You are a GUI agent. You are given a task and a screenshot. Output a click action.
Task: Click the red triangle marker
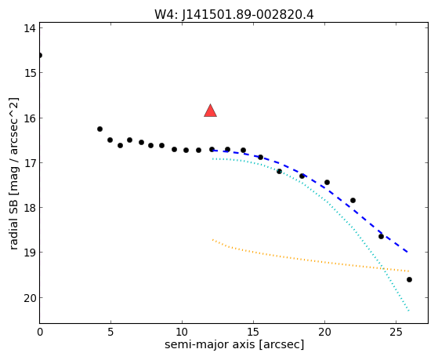point(210,111)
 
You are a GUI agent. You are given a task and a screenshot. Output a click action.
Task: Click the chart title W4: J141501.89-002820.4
point(234,14)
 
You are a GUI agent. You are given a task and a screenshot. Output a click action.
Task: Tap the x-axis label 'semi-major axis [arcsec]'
point(234,344)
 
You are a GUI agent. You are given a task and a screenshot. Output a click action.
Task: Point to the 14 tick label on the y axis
point(30,28)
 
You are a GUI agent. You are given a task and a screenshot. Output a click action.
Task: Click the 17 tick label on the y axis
point(30,163)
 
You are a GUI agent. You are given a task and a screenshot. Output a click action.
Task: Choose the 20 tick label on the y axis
point(30,298)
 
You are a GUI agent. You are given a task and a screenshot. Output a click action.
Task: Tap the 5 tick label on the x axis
point(111,332)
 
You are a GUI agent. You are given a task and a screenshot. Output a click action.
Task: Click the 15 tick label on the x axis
point(253,332)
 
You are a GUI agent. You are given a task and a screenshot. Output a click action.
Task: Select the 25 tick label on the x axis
point(396,332)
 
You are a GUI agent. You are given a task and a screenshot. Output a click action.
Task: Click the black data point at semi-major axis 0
point(40,56)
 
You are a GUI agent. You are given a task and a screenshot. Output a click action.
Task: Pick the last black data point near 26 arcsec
point(409,279)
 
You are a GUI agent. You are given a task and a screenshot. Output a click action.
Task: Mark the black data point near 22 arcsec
point(353,200)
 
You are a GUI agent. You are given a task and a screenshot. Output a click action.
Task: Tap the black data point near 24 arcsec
point(381,236)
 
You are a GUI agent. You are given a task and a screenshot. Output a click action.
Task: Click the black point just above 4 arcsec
point(100,129)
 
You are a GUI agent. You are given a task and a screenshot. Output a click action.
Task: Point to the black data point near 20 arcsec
point(327,183)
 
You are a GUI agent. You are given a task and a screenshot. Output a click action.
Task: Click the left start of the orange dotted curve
point(212,240)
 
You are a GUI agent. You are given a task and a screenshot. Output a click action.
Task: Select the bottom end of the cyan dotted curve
point(409,311)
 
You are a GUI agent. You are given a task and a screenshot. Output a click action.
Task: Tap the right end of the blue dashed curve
point(407,252)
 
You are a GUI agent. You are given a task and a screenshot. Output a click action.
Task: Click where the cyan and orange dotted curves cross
point(383,268)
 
